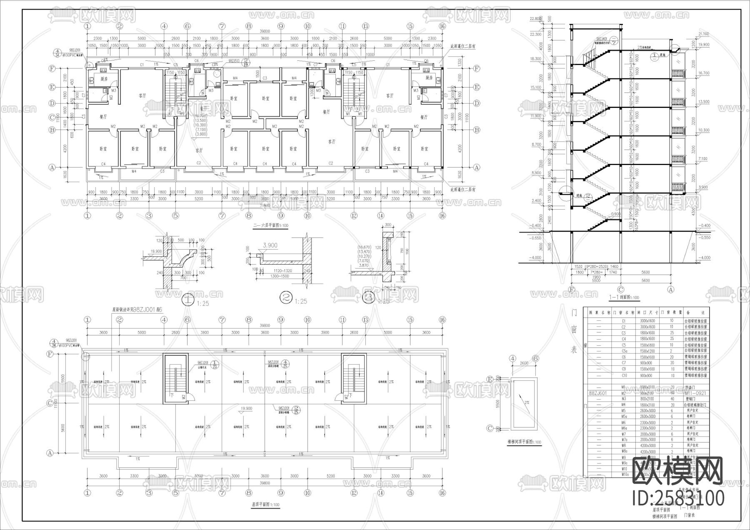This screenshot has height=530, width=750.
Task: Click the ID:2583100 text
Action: coord(678,497)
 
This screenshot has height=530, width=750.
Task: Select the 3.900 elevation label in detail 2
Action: coord(270,246)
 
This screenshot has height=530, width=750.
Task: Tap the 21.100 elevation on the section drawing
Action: coord(703,34)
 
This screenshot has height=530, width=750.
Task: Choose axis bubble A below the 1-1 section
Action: coord(671,289)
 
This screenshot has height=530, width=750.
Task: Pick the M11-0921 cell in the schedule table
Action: coord(695,393)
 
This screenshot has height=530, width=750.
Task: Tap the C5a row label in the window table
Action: coord(624,351)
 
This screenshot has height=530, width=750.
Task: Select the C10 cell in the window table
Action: coord(624,375)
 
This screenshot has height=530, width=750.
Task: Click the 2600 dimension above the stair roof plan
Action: coord(524,363)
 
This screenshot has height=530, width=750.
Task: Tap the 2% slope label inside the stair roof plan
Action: coord(527,403)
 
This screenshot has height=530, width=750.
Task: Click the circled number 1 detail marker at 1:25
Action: coord(189,298)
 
